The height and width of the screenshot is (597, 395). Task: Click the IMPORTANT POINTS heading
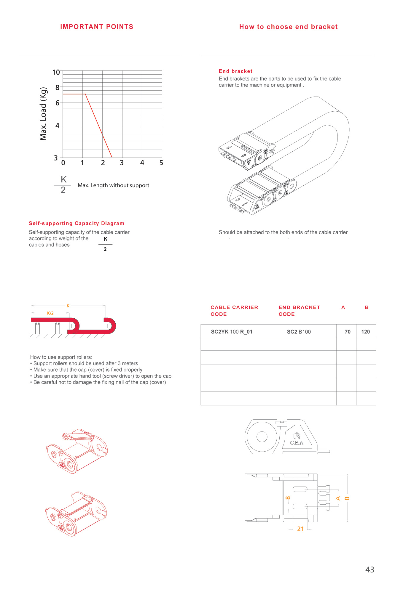click(x=97, y=27)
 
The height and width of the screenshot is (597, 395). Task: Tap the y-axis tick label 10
click(x=56, y=72)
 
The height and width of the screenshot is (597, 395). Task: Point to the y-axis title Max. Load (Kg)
click(x=44, y=114)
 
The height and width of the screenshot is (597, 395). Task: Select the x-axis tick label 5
click(x=161, y=163)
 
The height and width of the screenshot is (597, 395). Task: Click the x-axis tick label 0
click(x=63, y=163)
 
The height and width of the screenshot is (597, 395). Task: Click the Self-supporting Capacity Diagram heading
click(x=77, y=223)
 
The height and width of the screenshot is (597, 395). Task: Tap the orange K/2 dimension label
click(x=50, y=313)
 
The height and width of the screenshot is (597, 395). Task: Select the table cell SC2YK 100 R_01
click(x=232, y=332)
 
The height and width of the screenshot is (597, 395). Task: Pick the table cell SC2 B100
click(x=299, y=332)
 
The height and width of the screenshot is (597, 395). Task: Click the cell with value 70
click(x=348, y=332)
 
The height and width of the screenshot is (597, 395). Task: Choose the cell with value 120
click(x=365, y=332)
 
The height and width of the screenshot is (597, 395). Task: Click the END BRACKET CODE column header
click(x=299, y=311)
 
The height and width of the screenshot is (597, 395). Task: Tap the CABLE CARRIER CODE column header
click(x=234, y=311)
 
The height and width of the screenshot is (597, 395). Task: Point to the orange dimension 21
click(x=300, y=529)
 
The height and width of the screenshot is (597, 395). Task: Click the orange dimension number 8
click(x=288, y=498)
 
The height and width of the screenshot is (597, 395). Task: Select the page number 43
click(x=370, y=570)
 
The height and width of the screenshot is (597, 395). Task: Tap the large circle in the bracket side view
click(x=262, y=436)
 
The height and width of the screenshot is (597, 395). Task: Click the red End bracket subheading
click(x=235, y=71)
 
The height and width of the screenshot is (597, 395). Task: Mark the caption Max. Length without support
click(x=113, y=185)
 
